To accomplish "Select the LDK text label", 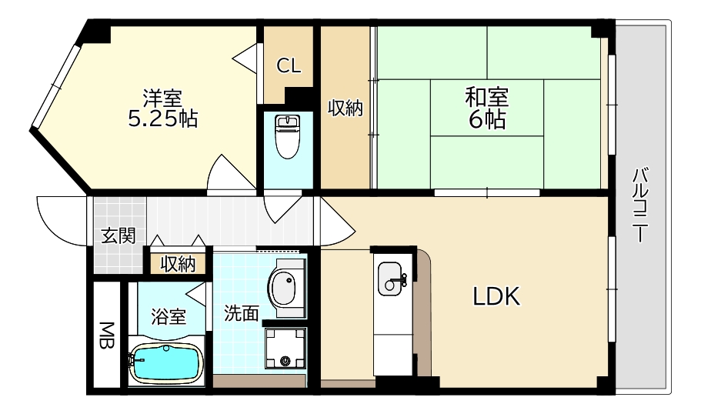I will (x=497, y=296).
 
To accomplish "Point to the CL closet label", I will (x=289, y=66).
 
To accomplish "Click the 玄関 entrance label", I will (x=119, y=235).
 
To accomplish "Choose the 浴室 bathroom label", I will (x=168, y=316).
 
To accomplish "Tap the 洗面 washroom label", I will (x=241, y=312).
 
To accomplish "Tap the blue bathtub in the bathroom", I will (x=165, y=362).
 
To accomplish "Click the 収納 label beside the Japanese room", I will (x=345, y=109).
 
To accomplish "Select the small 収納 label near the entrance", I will (x=178, y=264).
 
